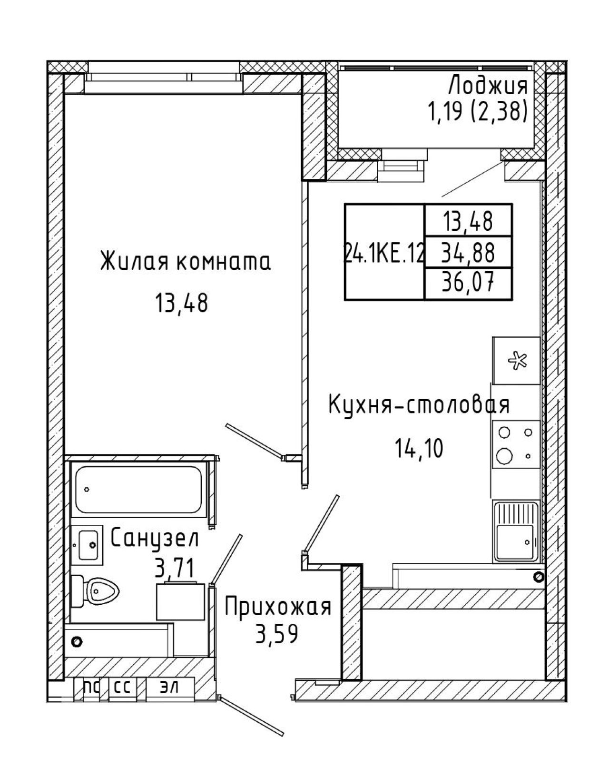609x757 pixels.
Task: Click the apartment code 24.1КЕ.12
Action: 384,253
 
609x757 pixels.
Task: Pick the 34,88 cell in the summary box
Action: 468,253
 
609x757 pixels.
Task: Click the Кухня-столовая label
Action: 419,404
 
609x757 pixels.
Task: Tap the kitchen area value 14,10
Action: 419,449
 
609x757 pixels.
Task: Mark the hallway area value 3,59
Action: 276,633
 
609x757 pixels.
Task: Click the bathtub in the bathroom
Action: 138,490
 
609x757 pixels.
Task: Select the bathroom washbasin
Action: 87,545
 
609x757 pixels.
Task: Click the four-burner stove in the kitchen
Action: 516,444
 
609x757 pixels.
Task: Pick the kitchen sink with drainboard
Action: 516,531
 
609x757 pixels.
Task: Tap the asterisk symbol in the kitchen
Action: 518,361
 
